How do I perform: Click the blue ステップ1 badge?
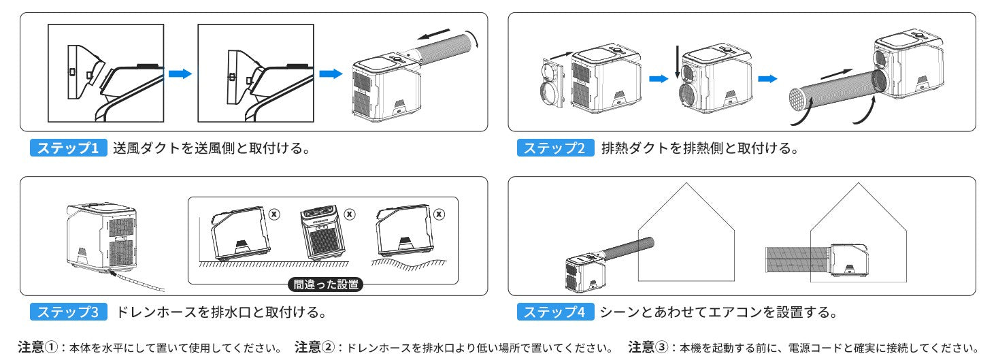click(69, 148)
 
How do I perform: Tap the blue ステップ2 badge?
click(555, 148)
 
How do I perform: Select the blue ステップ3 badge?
click(69, 312)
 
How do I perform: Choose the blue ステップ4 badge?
click(555, 312)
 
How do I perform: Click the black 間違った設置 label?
click(326, 284)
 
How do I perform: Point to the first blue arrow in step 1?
click(180, 73)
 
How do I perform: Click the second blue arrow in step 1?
click(331, 73)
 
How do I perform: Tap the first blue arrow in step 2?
click(659, 79)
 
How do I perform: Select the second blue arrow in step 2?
click(767, 79)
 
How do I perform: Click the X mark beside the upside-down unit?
click(350, 214)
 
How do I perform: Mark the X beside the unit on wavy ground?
click(439, 214)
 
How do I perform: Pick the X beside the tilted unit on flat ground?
click(274, 214)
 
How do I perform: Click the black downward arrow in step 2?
click(677, 61)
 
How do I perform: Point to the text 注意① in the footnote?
click(38, 347)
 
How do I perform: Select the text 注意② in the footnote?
click(315, 347)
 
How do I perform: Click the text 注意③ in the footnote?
click(648, 347)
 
